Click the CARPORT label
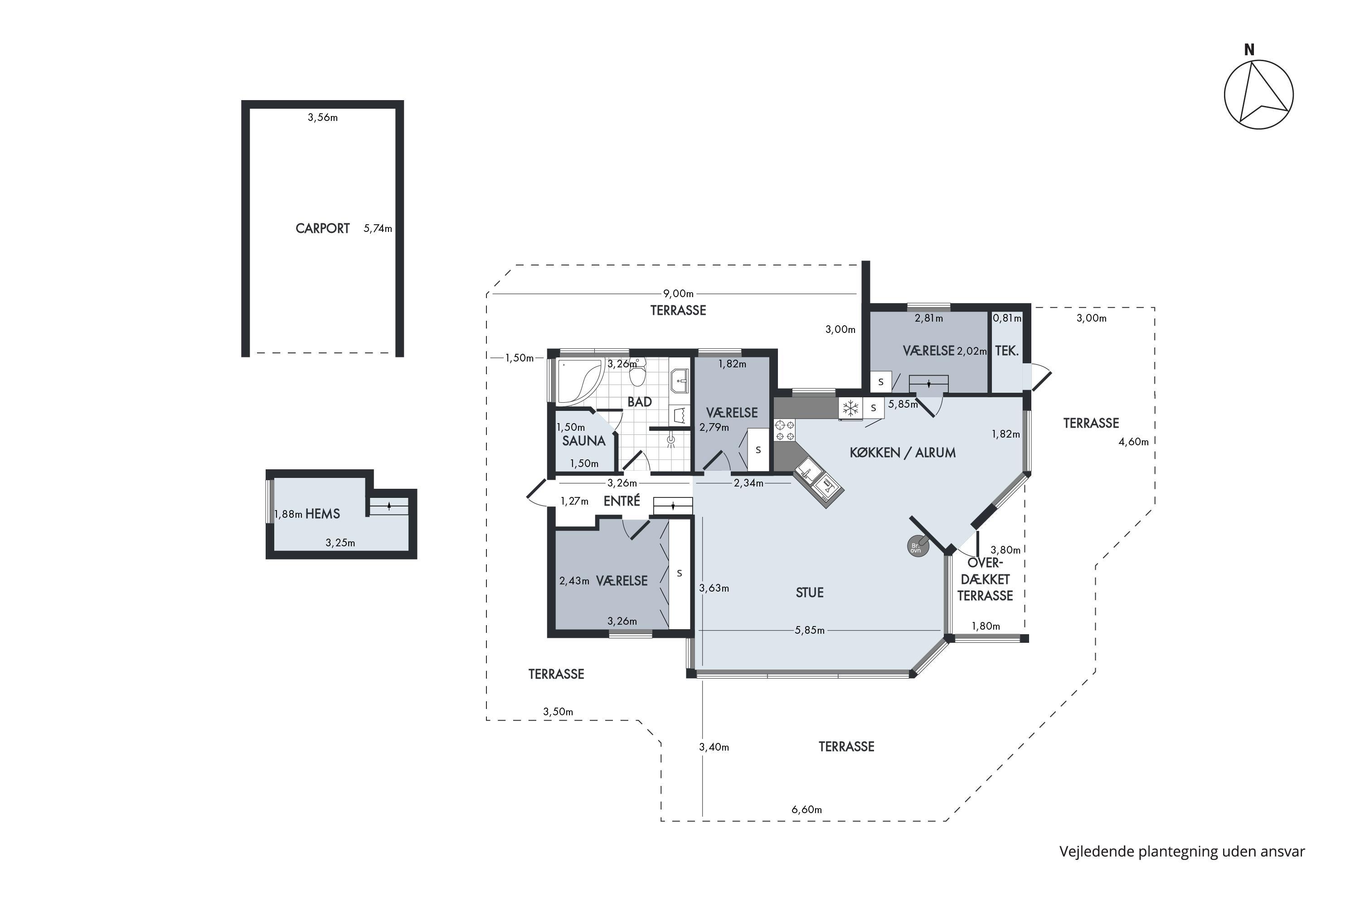coord(323,228)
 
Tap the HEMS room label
coord(323,514)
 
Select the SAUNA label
coord(583,441)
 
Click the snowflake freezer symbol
coord(850,409)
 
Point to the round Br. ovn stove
coord(918,547)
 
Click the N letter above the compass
coord(1249,50)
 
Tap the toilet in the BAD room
coord(637,373)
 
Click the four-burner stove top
coord(785,430)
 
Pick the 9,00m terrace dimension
coord(678,294)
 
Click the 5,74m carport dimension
coord(378,229)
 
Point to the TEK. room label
coord(1007,351)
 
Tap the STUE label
coord(810,592)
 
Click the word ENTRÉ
coord(622,501)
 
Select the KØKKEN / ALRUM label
coord(903,453)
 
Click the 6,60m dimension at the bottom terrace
coord(806,810)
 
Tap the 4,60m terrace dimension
coord(1133,442)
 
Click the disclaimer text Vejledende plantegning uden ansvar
coord(1182,852)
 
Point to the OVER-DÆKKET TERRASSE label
coord(985,579)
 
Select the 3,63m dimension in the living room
coord(714,588)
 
